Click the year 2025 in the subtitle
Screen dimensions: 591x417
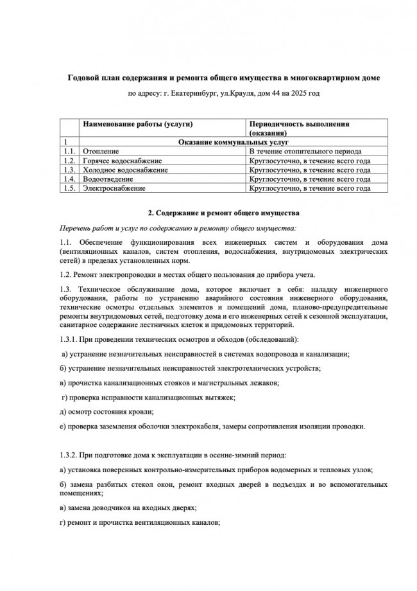coord(293,94)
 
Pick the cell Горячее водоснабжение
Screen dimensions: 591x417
coord(122,161)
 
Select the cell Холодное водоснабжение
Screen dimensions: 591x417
coord(125,170)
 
